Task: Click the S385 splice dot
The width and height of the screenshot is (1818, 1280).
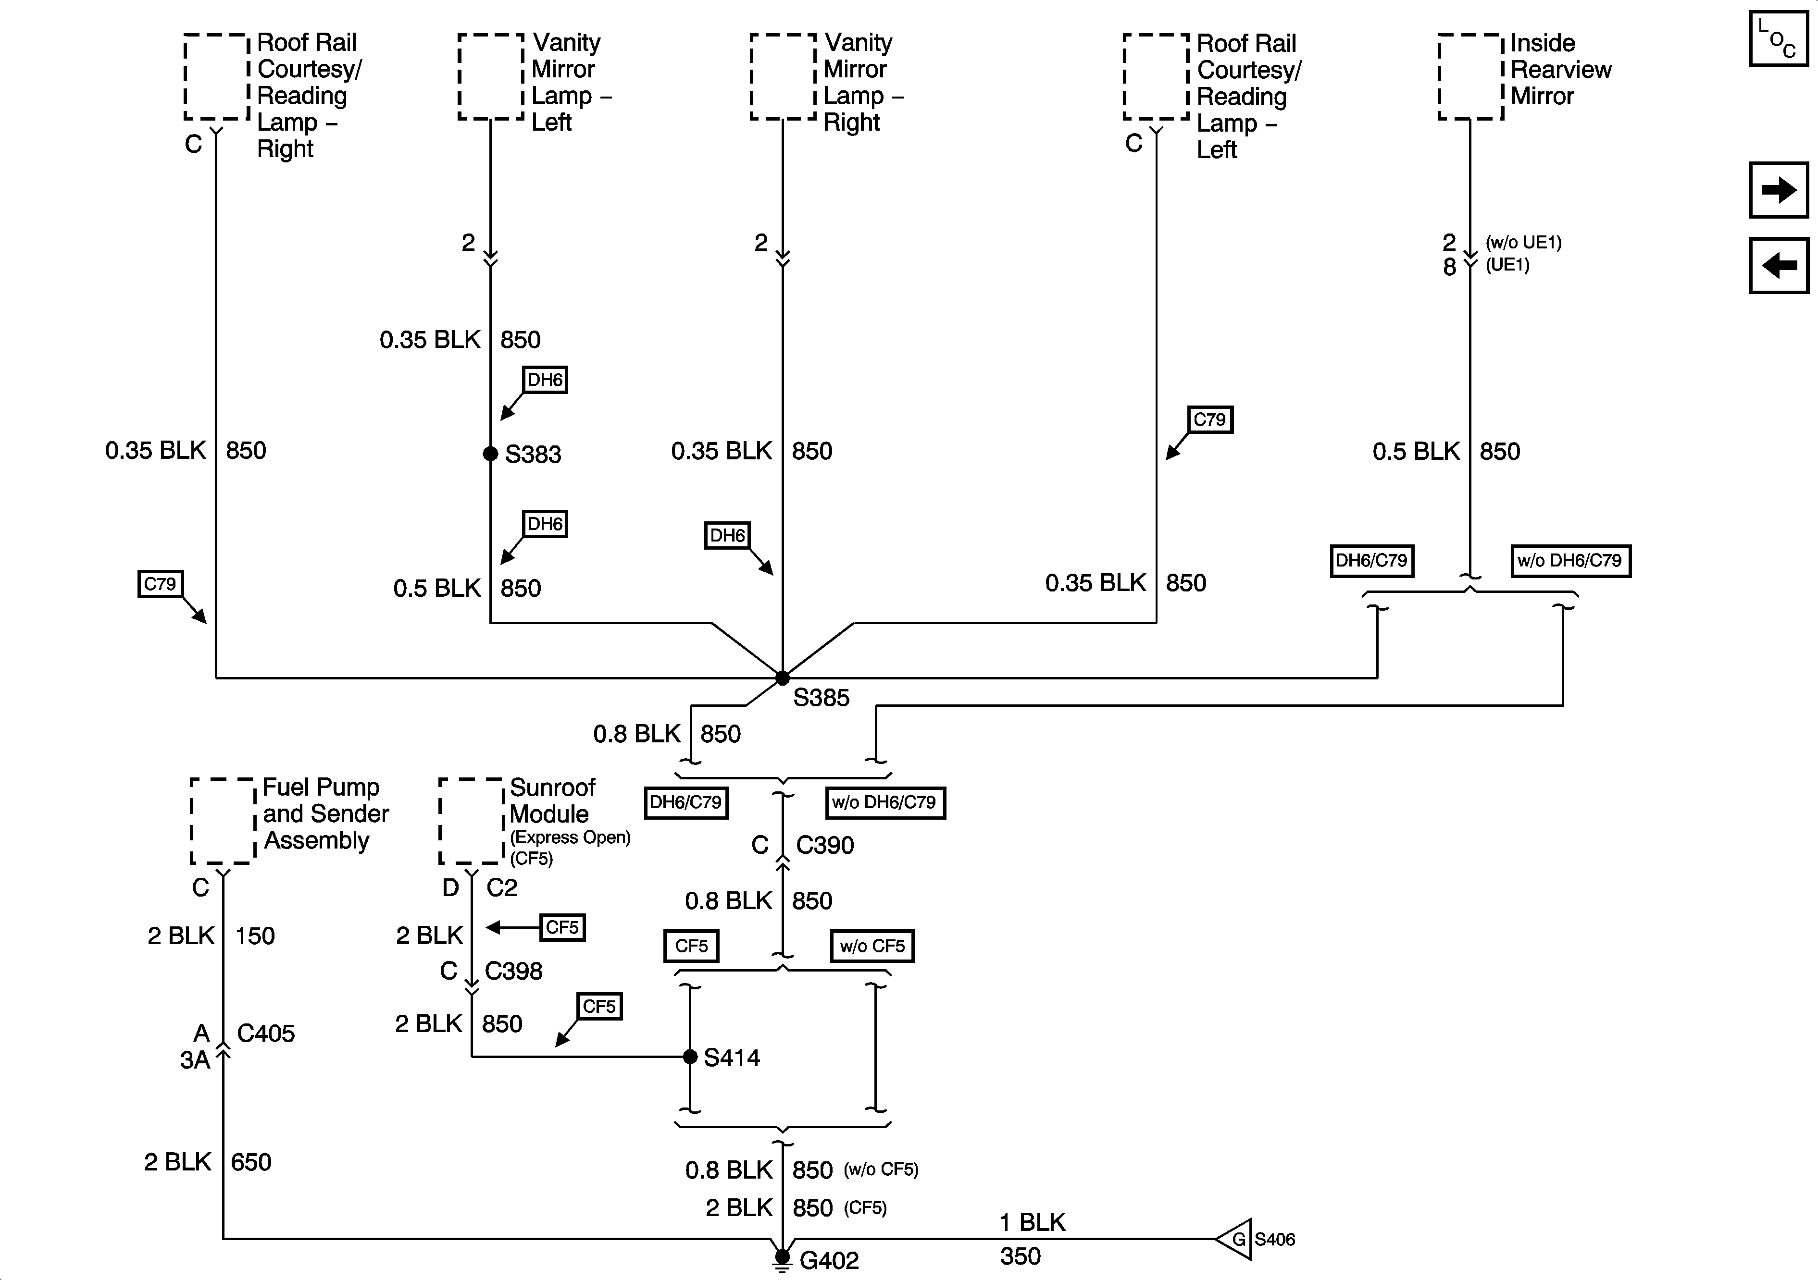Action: [782, 677]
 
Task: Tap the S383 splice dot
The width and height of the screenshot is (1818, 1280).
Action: [490, 454]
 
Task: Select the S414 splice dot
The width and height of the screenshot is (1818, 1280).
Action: [690, 1057]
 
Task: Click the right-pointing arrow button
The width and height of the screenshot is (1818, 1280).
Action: [1779, 190]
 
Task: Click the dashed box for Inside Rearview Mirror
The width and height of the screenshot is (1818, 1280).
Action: [1470, 77]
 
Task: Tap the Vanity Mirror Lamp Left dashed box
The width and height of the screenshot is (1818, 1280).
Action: [491, 77]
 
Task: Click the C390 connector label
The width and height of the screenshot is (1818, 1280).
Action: [825, 846]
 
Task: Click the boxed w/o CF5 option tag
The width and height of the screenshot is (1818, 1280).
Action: [872, 946]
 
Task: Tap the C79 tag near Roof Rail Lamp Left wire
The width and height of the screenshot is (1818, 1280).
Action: [1210, 419]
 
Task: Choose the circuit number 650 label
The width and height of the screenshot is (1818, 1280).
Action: [251, 1162]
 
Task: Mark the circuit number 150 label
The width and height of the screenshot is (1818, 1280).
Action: [255, 935]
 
